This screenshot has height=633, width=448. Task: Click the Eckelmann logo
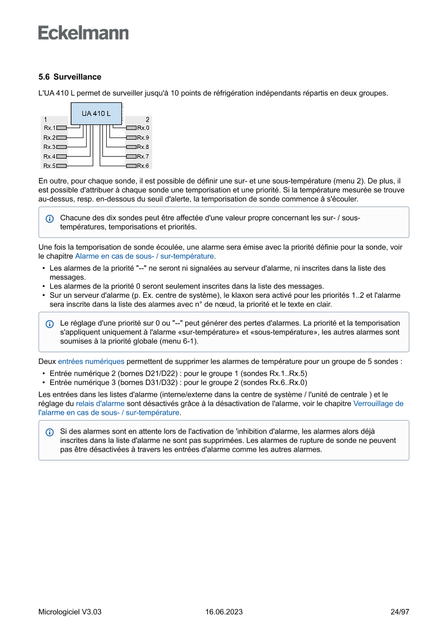[x=83, y=33]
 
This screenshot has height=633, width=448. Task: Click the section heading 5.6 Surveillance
[x=70, y=77]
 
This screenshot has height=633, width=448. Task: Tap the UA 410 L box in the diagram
[x=96, y=114]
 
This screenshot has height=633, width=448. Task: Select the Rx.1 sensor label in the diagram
[x=49, y=128]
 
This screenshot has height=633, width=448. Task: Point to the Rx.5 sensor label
[x=49, y=166]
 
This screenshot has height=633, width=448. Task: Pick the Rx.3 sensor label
[x=49, y=147]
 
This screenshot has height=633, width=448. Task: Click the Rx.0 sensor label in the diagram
[x=143, y=128]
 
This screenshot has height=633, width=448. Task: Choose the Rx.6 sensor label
[x=143, y=166]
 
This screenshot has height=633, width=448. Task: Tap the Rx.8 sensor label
[x=143, y=147]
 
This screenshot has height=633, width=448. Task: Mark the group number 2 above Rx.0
[x=147, y=119]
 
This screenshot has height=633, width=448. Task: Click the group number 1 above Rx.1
[x=46, y=119]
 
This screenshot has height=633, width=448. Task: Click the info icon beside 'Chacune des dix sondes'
[x=50, y=218]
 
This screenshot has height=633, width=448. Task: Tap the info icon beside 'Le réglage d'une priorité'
[x=50, y=323]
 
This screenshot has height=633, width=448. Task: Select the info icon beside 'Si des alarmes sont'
[x=50, y=432]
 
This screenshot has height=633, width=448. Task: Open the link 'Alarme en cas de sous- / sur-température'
[x=145, y=256]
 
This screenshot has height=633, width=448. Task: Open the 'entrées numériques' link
[x=91, y=361]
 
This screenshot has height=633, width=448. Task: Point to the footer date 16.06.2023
[x=224, y=612]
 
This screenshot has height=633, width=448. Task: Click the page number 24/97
[x=400, y=612]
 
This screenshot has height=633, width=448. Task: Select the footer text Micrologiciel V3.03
[x=70, y=612]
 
